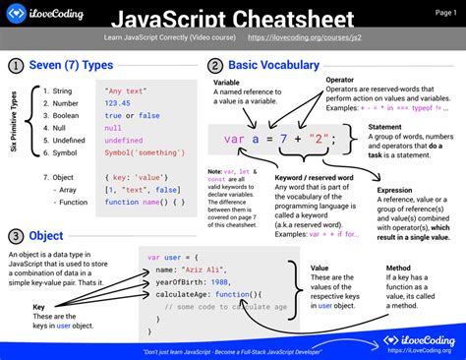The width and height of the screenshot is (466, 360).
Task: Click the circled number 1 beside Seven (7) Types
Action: (17, 66)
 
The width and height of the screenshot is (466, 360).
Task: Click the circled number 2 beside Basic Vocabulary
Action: (214, 66)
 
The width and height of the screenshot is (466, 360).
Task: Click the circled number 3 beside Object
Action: (17, 236)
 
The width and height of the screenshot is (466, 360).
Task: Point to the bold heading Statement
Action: (387, 126)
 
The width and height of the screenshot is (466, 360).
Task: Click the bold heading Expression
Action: (395, 190)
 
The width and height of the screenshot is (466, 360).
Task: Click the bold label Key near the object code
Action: (39, 307)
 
